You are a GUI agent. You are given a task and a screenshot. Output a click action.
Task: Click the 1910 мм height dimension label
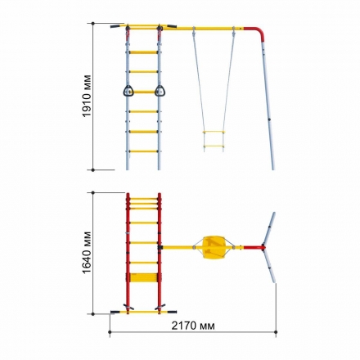[x=87, y=96]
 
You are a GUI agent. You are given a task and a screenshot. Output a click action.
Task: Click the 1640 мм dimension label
[x=87, y=253]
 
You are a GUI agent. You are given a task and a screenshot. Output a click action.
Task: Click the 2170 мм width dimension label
[x=193, y=326]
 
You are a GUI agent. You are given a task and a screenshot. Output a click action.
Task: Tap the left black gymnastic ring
[x=128, y=91]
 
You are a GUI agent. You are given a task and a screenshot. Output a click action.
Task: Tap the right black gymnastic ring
[x=160, y=91]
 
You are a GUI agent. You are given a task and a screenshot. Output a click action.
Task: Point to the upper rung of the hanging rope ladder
[x=214, y=132]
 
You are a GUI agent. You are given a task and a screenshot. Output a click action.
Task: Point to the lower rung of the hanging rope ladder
[x=214, y=146]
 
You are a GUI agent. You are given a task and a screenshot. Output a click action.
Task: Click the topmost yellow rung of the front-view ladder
[x=143, y=52]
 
